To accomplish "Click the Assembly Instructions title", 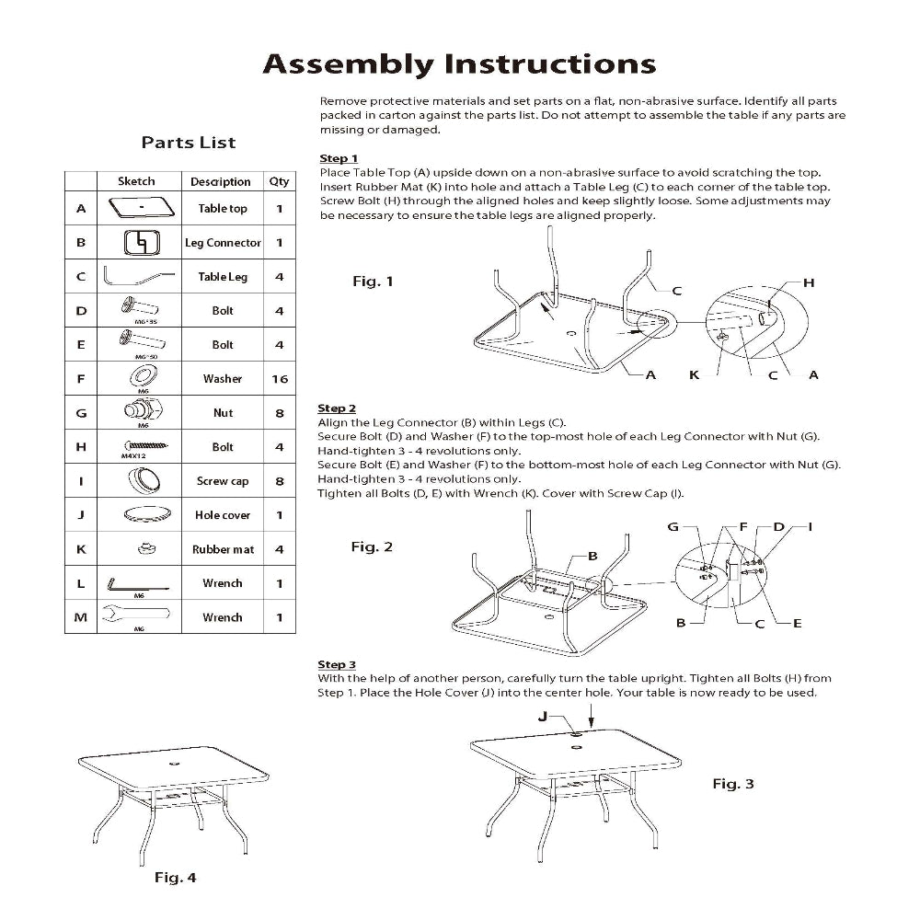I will pos(459,64).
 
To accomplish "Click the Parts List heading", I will pos(188,143).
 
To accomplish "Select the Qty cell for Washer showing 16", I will pos(280,379).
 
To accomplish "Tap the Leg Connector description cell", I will pos(223,243).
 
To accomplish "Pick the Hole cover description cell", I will pos(223,515).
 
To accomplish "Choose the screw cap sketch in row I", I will pos(141,480).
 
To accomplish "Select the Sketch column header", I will pos(137,181).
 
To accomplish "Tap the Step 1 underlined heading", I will pos(338,159).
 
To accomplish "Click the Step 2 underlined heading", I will pos(337,408).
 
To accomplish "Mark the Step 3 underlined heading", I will pos(337,664).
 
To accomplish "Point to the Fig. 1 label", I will pos(373,282).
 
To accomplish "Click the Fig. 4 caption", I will pos(175,878).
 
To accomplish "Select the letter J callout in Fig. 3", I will pos(543,716).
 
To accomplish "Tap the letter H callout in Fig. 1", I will pos(809,282).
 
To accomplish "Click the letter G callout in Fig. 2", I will pos(673,527).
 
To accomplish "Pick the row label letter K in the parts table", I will pos(81,549).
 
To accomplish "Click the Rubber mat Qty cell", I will pos(280,549).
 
